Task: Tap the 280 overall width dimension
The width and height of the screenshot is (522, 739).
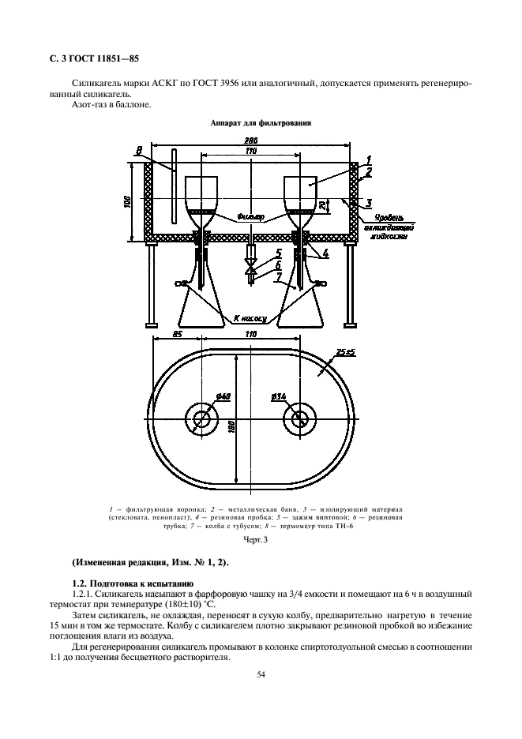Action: (x=251, y=141)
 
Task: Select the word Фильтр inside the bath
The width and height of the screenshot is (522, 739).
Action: (x=250, y=216)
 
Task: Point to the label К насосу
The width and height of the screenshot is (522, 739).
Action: (x=250, y=318)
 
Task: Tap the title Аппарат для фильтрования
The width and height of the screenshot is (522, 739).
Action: (x=260, y=124)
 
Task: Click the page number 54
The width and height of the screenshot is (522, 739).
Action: (x=261, y=674)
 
